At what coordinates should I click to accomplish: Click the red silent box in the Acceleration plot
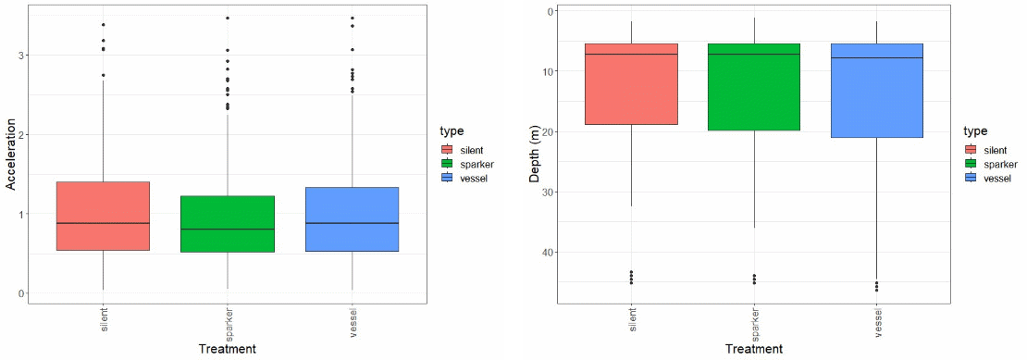[x=103, y=216]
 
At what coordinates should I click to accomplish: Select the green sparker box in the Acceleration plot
[x=227, y=223]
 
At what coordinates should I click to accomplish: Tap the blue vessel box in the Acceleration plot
[x=351, y=218]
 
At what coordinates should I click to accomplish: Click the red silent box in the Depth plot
[x=631, y=84]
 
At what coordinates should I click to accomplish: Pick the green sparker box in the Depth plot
[x=754, y=87]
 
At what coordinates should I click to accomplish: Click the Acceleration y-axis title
[x=12, y=154]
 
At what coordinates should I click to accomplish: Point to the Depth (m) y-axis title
[x=534, y=153]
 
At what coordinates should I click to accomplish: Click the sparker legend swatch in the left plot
[x=448, y=164]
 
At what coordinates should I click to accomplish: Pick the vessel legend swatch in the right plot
[x=971, y=178]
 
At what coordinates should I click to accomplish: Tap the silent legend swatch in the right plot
[x=971, y=149]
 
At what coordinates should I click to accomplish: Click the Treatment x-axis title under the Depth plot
[x=754, y=349]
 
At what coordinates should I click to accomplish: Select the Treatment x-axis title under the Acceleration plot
[x=227, y=349]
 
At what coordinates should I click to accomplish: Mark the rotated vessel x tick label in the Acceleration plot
[x=351, y=319]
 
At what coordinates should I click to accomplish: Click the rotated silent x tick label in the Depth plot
[x=631, y=319]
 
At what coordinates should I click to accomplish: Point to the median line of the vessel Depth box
[x=877, y=58]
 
